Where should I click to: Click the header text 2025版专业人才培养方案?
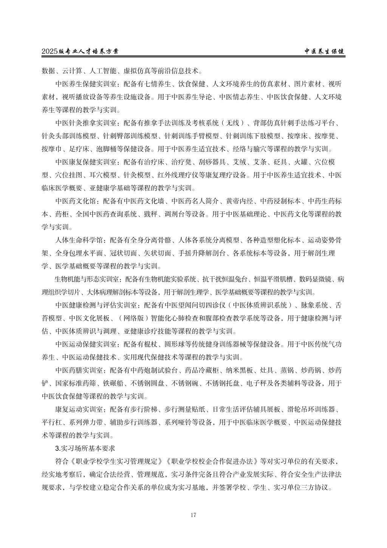[80, 51]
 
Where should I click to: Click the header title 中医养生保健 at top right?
[325, 51]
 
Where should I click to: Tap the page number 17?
[193, 515]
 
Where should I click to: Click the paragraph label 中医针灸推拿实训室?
[86, 123]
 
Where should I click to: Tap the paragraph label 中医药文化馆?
[76, 201]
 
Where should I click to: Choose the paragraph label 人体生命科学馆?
[79, 240]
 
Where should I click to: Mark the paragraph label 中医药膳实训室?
[79, 370]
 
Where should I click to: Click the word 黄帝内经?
[234, 201]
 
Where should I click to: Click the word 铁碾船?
[113, 383]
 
